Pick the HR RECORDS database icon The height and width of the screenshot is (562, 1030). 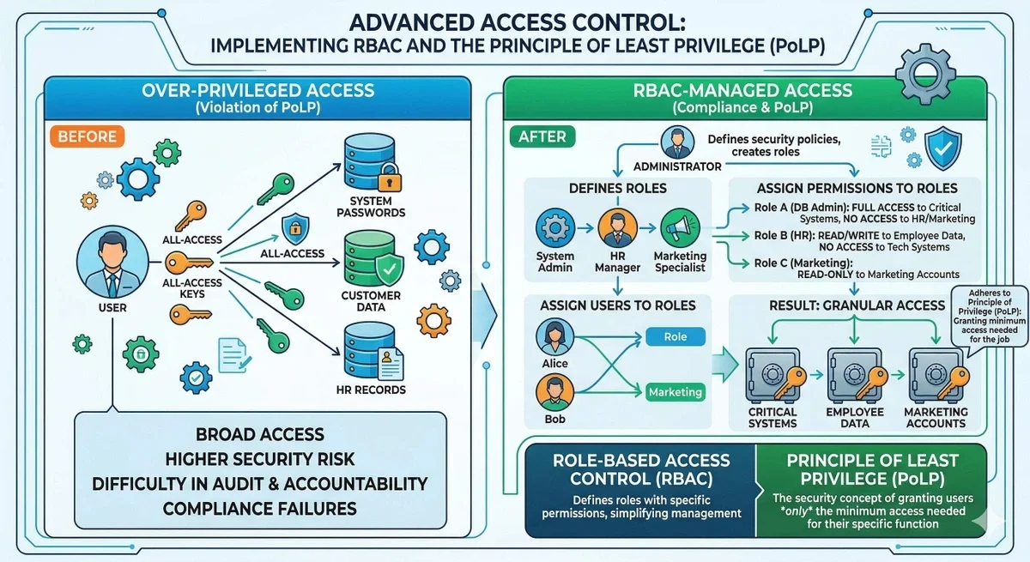click(x=365, y=352)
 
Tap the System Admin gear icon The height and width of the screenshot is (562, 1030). click(x=554, y=229)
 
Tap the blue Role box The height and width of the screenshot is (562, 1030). click(x=675, y=337)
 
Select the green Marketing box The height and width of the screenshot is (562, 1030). click(x=675, y=392)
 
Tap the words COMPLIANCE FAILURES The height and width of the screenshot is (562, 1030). click(x=259, y=509)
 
